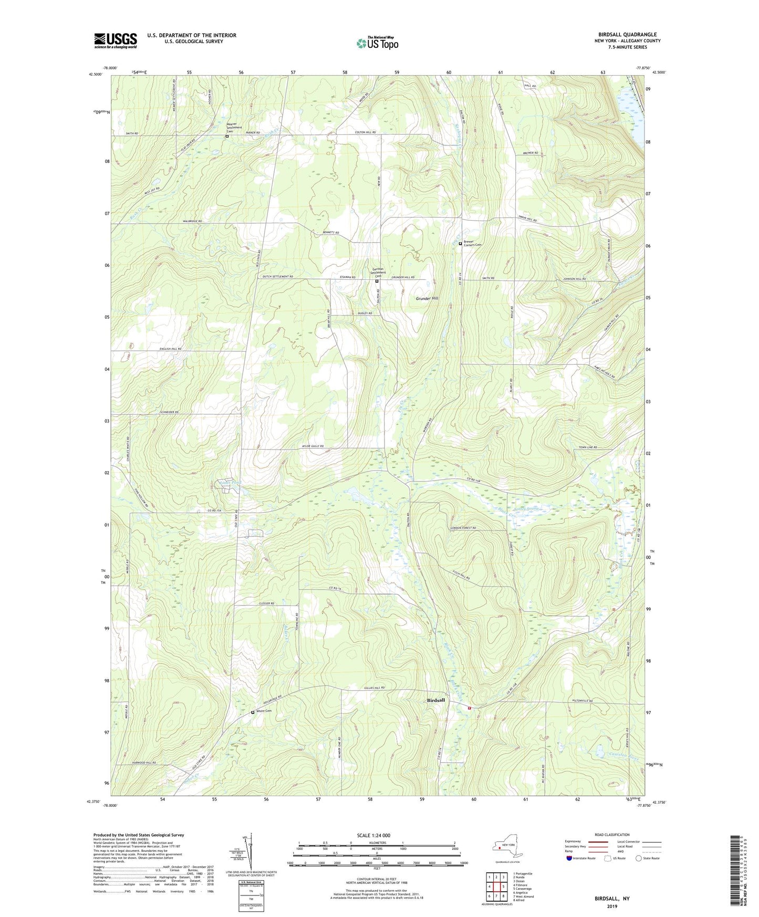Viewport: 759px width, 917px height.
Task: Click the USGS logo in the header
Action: coord(115,40)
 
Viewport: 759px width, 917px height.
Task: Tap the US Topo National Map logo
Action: coord(377,43)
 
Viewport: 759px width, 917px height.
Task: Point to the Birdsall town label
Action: coord(435,700)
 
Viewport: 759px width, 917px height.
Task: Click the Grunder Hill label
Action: coord(427,298)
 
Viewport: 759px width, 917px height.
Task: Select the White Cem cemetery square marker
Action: coord(253,712)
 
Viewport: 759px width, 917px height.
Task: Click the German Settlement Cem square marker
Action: coord(377,281)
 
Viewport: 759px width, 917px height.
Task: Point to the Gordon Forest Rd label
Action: coord(462,528)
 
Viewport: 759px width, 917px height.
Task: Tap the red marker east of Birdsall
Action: coord(470,707)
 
